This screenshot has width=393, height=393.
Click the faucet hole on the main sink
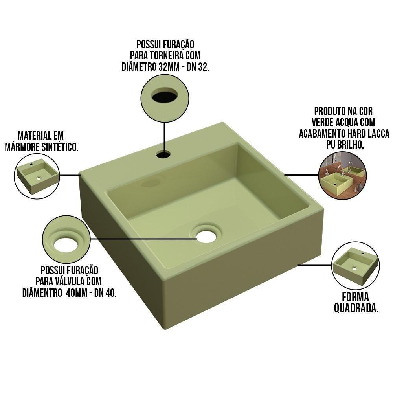[163, 154]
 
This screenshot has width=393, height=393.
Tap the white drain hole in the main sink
[206, 236]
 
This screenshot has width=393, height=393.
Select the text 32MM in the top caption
[169, 67]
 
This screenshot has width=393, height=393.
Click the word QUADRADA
[356, 308]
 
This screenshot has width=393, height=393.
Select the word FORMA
[356, 297]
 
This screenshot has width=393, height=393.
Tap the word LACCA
[377, 134]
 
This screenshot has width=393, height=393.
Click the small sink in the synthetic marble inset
[37, 176]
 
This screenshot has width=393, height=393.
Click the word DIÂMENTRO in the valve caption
[40, 293]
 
